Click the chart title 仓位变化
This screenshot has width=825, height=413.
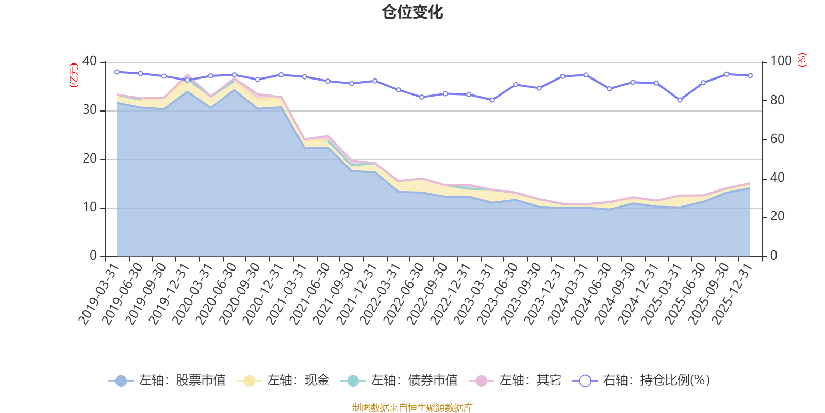coord(412,12)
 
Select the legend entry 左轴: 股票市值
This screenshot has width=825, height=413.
coord(167,380)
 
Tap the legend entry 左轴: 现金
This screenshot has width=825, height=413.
coord(283,380)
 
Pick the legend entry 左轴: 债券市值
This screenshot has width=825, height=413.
coord(399,380)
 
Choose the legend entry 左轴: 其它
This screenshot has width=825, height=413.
coord(515,380)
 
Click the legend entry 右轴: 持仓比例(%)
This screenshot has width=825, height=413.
coord(641,380)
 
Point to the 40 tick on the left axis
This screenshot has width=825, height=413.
coord(89,61)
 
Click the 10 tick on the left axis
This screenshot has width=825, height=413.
coord(89,208)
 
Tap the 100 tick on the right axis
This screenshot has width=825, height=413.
coord(781,61)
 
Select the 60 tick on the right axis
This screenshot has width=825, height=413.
coord(777,139)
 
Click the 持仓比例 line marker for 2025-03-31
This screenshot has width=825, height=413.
coord(680,100)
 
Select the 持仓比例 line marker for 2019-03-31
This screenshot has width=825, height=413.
coord(117,72)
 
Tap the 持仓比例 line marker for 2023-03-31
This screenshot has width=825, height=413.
coord(492,100)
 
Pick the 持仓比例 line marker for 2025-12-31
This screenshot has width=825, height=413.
coord(750,76)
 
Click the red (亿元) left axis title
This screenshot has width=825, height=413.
coord(74,75)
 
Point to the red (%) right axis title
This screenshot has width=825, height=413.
coord(802,60)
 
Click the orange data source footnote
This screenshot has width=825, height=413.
coord(412,408)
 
